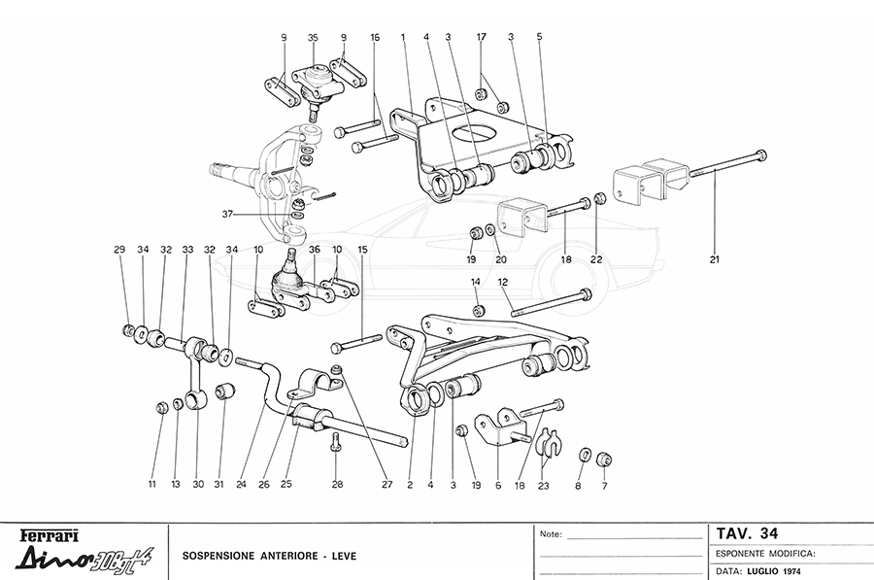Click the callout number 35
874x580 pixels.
tap(313, 37)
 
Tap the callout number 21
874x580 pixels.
tap(716, 260)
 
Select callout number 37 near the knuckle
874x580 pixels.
tap(227, 215)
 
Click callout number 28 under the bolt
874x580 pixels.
tap(337, 484)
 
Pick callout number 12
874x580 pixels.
tap(503, 283)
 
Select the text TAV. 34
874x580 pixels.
tap(747, 533)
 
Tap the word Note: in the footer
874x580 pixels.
tap(549, 534)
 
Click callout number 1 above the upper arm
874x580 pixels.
tap(402, 37)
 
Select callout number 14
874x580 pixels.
tap(476, 283)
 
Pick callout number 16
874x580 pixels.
tap(375, 37)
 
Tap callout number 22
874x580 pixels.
tap(596, 260)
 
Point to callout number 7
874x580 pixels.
tap(604, 484)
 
